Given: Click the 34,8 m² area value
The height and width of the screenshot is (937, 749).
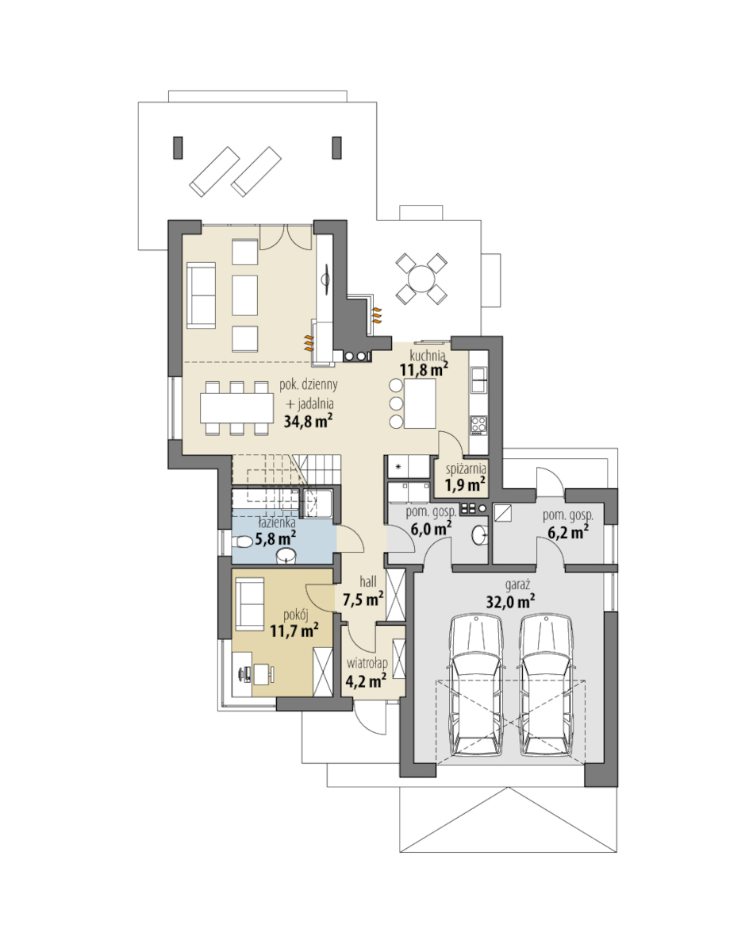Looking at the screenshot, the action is (x=308, y=421).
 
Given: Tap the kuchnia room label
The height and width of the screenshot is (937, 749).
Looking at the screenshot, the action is (x=428, y=356).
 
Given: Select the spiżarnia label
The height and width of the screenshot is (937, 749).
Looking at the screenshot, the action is (x=466, y=468).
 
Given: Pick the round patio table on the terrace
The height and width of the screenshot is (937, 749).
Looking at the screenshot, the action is (x=421, y=279).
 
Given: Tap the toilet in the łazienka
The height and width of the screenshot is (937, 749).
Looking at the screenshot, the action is (x=242, y=542).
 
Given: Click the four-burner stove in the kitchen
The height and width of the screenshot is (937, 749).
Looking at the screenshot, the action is (x=479, y=424).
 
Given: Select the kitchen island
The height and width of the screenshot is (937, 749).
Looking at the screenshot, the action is (x=420, y=403).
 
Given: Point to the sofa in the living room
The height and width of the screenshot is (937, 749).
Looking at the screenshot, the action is (x=201, y=296).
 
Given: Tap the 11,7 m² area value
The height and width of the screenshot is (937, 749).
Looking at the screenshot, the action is (x=294, y=630).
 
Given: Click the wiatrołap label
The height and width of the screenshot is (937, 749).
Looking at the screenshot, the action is (x=367, y=664).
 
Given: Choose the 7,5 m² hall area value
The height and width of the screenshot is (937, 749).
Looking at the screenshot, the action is (x=363, y=599).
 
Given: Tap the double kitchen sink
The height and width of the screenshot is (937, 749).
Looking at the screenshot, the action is (x=478, y=379).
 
